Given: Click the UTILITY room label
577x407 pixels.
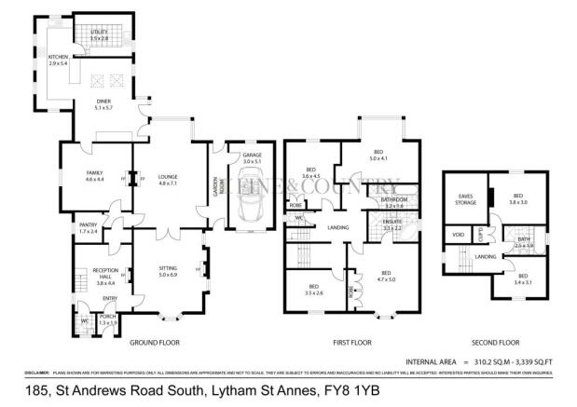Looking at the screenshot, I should [99, 35].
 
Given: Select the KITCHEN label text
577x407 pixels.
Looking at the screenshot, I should [59, 60].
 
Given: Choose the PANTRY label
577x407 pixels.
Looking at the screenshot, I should [89, 227].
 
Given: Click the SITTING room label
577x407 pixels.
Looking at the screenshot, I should [167, 271].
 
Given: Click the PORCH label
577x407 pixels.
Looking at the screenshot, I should [107, 319].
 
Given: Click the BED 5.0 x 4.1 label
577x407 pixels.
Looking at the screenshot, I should [378, 155].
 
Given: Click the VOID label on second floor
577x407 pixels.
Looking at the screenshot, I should [459, 236].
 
